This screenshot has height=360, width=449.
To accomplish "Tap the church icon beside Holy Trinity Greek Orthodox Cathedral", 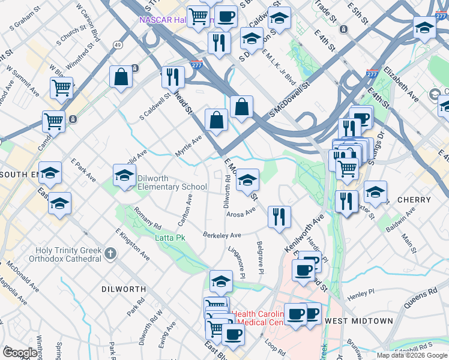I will click(109, 254).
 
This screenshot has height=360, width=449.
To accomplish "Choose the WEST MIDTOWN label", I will click(358, 321).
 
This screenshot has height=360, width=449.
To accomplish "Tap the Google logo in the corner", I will click(20, 353).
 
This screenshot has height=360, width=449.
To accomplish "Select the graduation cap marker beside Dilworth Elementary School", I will click(124, 176).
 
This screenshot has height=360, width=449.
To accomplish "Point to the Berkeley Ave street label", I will click(221, 235).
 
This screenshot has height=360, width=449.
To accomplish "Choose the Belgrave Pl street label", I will click(261, 258).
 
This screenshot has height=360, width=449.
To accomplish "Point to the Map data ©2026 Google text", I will click(412, 355).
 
